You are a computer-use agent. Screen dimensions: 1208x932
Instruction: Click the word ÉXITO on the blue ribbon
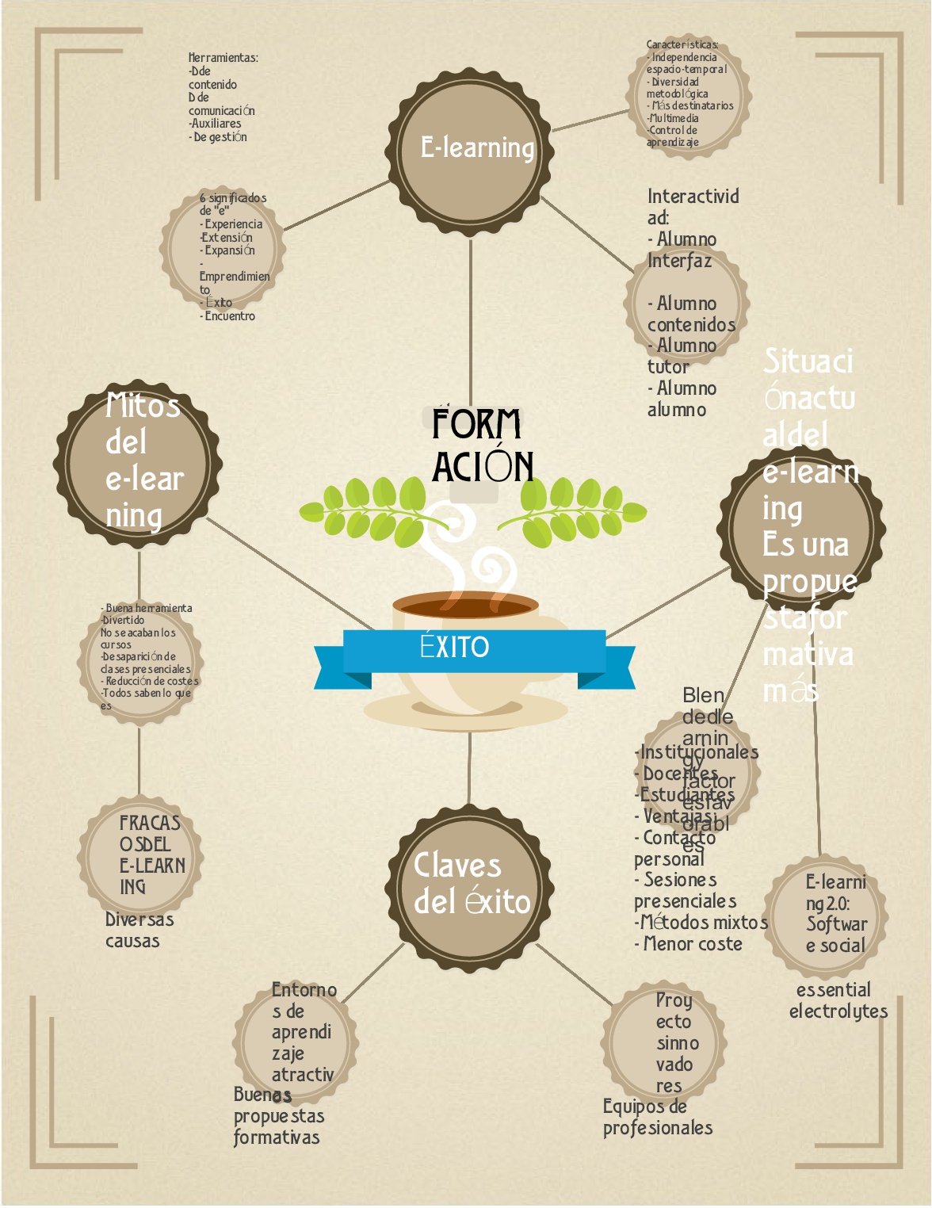coord(455,647)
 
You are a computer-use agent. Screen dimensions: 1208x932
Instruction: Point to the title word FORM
coord(476,424)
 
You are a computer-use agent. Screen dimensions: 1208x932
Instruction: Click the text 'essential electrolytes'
coord(838,1001)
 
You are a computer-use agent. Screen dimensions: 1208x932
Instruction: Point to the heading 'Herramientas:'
coord(223,58)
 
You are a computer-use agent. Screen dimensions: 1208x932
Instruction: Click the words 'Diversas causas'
coord(139,931)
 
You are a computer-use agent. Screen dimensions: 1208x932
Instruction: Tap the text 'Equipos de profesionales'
coord(657,1118)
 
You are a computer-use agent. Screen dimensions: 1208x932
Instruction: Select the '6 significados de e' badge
coord(223,247)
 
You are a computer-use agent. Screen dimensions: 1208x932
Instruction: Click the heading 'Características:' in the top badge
coord(682,45)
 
